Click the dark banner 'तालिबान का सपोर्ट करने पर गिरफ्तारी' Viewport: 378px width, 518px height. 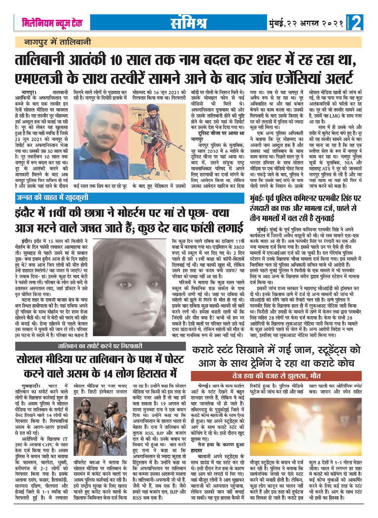(90, 332)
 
